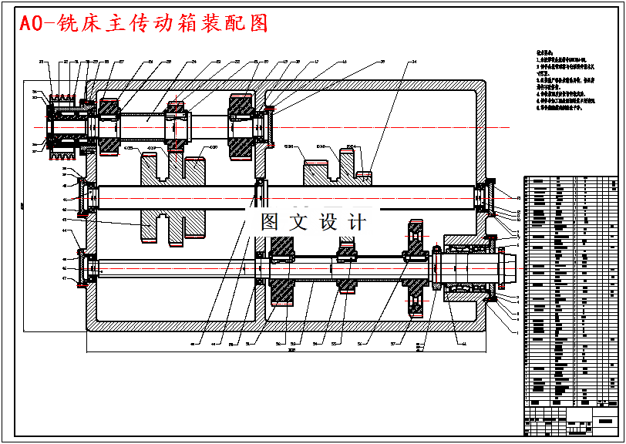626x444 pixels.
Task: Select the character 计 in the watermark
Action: (x=357, y=222)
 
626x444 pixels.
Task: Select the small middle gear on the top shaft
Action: (x=177, y=123)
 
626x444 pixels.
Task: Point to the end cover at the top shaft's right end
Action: (x=271, y=125)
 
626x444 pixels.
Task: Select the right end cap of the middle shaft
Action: (x=487, y=197)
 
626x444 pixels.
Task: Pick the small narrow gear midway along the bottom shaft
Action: (x=347, y=266)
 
